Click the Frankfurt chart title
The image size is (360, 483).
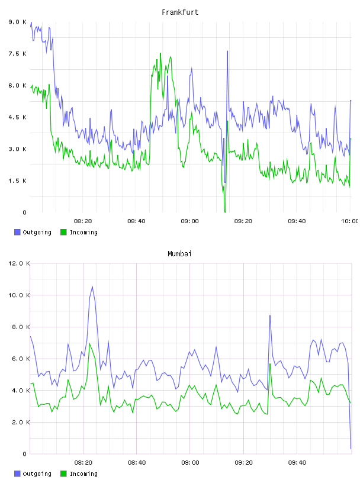(x=180, y=12)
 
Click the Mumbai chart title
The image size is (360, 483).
(x=179, y=254)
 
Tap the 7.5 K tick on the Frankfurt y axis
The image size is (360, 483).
(x=17, y=54)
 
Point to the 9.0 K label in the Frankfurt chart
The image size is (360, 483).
(x=17, y=22)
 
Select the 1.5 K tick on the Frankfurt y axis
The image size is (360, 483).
(x=17, y=181)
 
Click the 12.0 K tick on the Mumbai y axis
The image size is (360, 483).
(x=19, y=263)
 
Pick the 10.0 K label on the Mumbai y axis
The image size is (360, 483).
(x=19, y=295)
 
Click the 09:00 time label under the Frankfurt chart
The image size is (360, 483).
(x=189, y=221)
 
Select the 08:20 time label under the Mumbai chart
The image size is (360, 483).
(x=83, y=462)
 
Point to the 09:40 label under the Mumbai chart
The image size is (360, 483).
(x=297, y=462)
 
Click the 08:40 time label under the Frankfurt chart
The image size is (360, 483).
(x=136, y=221)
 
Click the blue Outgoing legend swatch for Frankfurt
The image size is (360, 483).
(x=17, y=232)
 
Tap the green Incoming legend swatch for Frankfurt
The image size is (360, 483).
(x=63, y=232)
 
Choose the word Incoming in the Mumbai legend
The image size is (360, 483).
(x=83, y=474)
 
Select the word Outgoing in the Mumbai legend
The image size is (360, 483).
(x=37, y=474)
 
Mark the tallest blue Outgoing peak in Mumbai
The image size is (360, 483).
(x=92, y=286)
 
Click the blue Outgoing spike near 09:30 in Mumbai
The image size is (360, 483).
(x=270, y=315)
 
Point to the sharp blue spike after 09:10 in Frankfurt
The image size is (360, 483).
(x=227, y=51)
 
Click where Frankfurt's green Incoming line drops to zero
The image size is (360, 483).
(x=225, y=212)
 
